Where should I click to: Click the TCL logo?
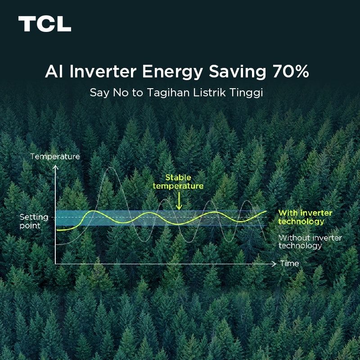pos(45,24)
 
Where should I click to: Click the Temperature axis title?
pos(55,157)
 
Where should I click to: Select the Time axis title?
pos(289,263)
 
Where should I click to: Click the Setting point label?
pos(33,221)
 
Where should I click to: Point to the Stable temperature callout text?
pos(178,182)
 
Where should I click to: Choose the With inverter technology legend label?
pos(305,217)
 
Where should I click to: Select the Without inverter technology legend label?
pos(310,242)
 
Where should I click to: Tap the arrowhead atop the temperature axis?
pos(55,167)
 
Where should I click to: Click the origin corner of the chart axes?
pos(55,264)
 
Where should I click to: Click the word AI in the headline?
pos(53,72)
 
